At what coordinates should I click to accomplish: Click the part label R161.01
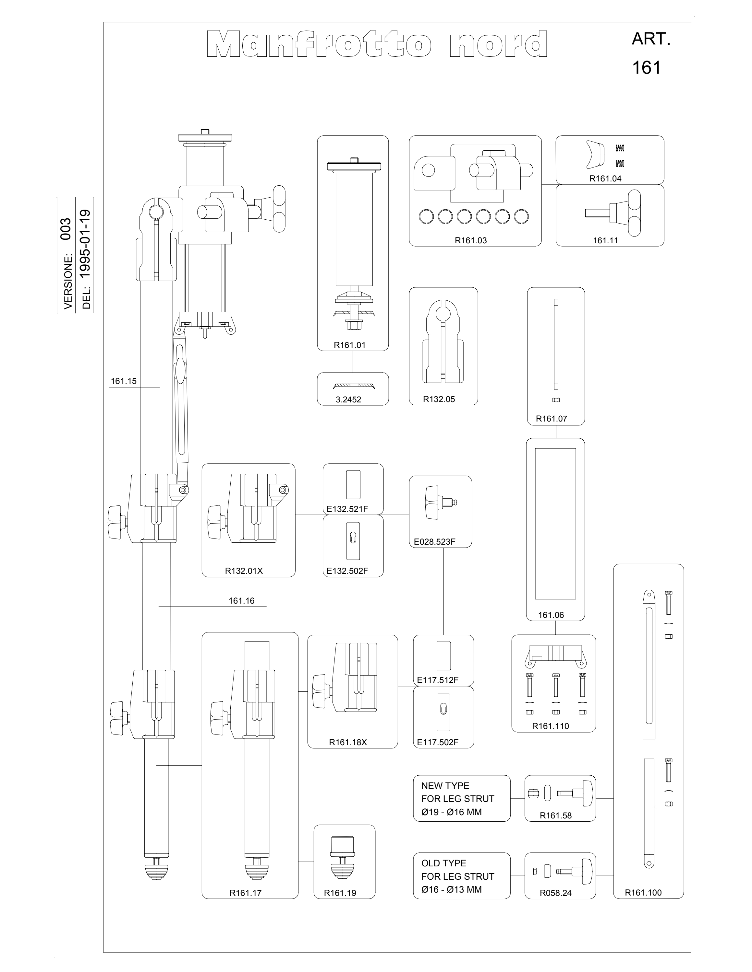coord(350,345)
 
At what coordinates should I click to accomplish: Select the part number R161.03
coord(470,240)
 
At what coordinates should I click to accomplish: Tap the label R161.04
coord(605,179)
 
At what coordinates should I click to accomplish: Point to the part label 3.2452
coord(348,400)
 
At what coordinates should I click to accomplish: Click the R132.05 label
coord(439,399)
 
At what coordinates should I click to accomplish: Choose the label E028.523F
coord(434,542)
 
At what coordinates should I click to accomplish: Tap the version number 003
coord(66,229)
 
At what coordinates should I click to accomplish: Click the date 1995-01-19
coord(85,244)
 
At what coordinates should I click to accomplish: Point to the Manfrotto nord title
coord(377,44)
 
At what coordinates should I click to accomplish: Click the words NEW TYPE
coord(445,786)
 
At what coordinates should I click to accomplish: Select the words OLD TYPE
coord(444,863)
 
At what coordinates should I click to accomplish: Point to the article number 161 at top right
coord(647,68)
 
